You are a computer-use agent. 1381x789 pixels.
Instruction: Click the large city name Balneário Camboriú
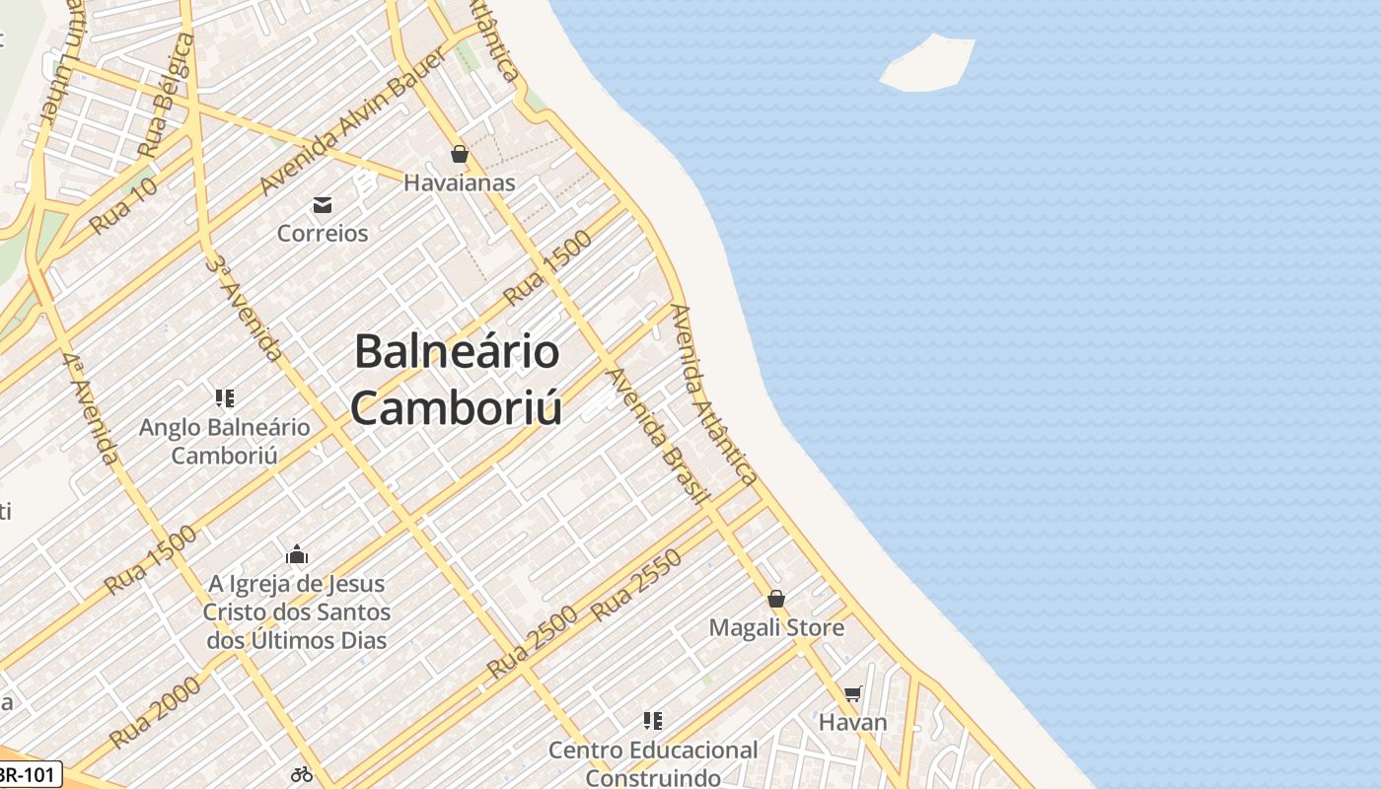[458, 380]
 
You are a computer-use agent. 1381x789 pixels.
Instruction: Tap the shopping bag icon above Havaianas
[459, 154]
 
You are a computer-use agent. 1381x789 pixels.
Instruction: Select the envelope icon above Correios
[322, 205]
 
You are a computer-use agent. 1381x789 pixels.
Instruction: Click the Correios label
[323, 234]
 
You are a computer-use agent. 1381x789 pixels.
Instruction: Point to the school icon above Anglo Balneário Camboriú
[225, 398]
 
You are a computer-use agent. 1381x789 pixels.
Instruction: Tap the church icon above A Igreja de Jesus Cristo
[297, 554]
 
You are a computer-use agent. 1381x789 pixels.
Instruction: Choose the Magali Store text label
[776, 628]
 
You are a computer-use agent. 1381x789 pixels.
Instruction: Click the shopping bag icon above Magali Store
[776, 599]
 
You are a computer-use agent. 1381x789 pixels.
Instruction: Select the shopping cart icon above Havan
[853, 694]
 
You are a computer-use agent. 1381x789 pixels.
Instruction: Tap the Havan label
[853, 722]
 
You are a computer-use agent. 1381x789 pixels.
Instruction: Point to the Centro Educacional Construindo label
[653, 763]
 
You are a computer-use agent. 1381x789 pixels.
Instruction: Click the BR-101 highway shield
[30, 774]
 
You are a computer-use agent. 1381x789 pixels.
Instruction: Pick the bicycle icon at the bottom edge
[302, 774]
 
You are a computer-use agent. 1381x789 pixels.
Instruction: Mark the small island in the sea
[926, 64]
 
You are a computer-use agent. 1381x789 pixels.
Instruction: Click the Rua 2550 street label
[637, 586]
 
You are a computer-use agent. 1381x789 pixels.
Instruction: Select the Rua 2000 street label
[155, 712]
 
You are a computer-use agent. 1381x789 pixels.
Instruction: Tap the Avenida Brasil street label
[658, 435]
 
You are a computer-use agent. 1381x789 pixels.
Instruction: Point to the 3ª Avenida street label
[246, 307]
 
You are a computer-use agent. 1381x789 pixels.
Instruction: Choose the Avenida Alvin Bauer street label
[353, 121]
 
